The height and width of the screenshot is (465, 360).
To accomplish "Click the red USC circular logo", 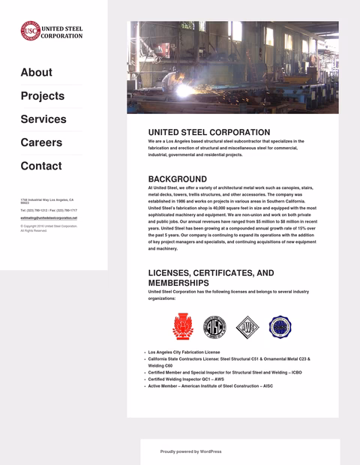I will pyautogui.click(x=29, y=31).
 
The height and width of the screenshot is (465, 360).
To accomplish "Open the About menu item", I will pyautogui.click(x=36, y=72).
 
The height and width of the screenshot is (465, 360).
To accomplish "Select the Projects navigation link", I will pyautogui.click(x=42, y=96).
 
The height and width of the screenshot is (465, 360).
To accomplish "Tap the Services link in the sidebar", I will pyautogui.click(x=43, y=119).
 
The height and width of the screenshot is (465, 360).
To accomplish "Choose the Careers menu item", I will pyautogui.click(x=41, y=142).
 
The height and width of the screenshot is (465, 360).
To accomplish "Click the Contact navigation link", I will pyautogui.click(x=41, y=166).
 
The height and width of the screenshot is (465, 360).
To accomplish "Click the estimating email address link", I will pyautogui.click(x=49, y=217).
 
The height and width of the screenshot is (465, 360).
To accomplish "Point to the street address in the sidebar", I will pyautogui.click(x=46, y=201).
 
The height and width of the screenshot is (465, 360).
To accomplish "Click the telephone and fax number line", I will pyautogui.click(x=49, y=211).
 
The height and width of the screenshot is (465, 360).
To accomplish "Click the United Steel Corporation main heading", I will pyautogui.click(x=209, y=132).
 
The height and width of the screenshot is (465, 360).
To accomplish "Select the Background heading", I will pyautogui.click(x=177, y=179).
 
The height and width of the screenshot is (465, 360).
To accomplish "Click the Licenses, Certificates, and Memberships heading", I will pyautogui.click(x=211, y=278).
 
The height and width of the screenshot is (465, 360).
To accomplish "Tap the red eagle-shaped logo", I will pyautogui.click(x=182, y=327).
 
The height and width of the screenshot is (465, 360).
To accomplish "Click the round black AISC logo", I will pyautogui.click(x=215, y=327).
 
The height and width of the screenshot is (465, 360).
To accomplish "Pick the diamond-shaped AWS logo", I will pyautogui.click(x=247, y=327).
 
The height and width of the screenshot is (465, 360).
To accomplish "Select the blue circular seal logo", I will pyautogui.click(x=280, y=327).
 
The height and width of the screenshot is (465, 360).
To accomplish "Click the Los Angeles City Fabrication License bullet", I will pyautogui.click(x=184, y=352).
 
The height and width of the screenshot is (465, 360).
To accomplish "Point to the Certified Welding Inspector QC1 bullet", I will pyautogui.click(x=186, y=379).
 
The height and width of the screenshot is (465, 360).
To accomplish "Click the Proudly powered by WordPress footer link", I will pyautogui.click(x=190, y=451).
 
